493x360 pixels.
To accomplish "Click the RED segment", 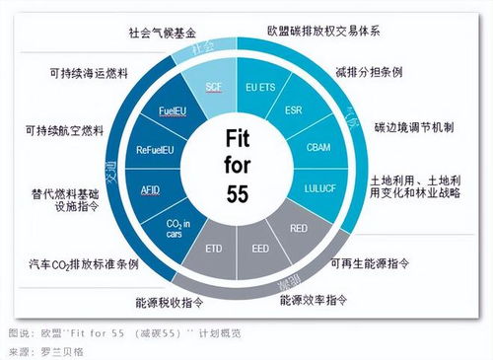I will click(297, 226).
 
